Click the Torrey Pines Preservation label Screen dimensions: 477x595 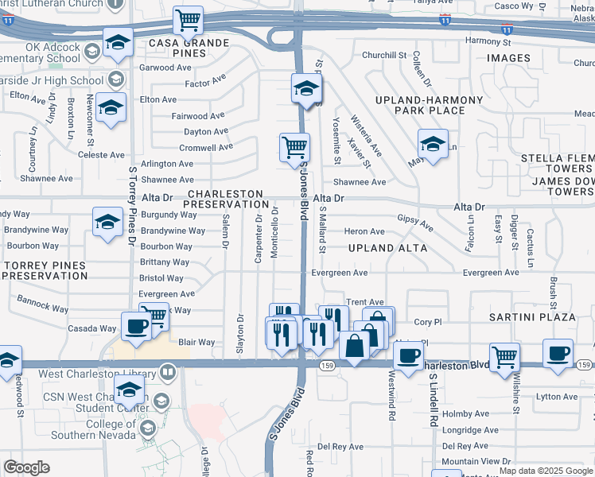point(45,270)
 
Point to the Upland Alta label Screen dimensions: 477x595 point(387,248)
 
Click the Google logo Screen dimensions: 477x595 point(26,467)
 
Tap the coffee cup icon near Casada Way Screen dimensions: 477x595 point(135,325)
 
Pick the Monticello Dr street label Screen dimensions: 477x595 point(275,231)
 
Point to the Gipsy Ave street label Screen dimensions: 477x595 point(414,223)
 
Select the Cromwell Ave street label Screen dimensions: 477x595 point(205,147)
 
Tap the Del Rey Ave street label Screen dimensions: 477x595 point(340,446)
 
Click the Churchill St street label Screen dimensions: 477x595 point(385,55)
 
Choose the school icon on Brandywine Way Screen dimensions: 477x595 point(107,222)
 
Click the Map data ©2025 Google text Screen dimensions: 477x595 point(546,471)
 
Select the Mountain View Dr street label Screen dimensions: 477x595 point(476,461)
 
